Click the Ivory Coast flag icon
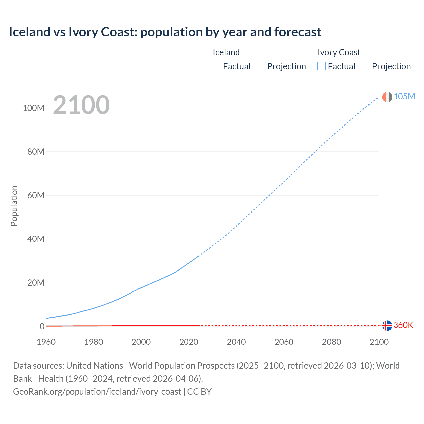(x=387, y=97)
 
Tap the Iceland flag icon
(x=387, y=326)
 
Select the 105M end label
(x=404, y=96)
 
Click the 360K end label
(x=403, y=325)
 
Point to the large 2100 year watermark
(x=81, y=105)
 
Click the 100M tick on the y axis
(x=33, y=108)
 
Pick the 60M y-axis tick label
(x=35, y=195)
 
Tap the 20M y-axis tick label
(x=35, y=283)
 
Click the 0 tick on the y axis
(x=42, y=326)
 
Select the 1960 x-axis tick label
(x=46, y=342)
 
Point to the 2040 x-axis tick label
(x=236, y=342)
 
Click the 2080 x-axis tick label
(x=331, y=342)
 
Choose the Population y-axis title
(x=14, y=206)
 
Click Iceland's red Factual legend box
(x=217, y=66)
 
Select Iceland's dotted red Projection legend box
(x=261, y=66)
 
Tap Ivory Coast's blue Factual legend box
(x=322, y=66)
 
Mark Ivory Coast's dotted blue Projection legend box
(x=366, y=66)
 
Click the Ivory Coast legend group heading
(x=339, y=52)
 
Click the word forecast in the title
(x=298, y=32)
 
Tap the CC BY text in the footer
(x=199, y=392)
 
